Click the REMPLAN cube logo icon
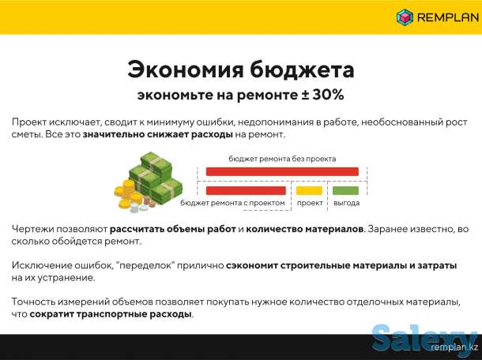(x=405, y=17)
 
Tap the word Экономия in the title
(x=186, y=69)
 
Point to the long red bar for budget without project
(x=282, y=171)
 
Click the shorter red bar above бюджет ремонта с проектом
(x=247, y=190)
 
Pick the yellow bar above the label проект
(x=309, y=190)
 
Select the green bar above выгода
(x=345, y=190)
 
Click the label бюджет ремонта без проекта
(x=282, y=158)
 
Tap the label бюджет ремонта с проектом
(x=234, y=203)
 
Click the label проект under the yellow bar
(x=310, y=203)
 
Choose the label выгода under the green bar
(x=346, y=203)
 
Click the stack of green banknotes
(x=158, y=178)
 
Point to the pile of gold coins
(x=126, y=194)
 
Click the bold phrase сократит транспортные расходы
(x=111, y=313)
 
